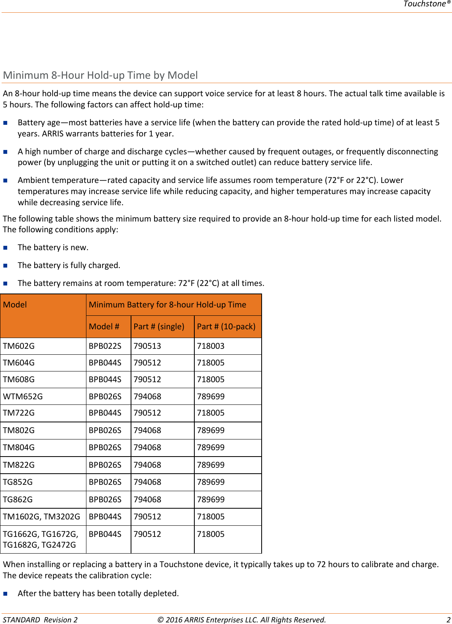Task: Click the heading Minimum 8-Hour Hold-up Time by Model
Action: tap(100, 75)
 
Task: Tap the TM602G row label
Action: tap(19, 346)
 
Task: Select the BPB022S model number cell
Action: tap(105, 346)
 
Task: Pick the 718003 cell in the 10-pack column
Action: tap(211, 346)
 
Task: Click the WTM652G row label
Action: tap(23, 397)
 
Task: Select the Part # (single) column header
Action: tap(159, 327)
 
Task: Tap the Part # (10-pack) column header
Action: tap(226, 327)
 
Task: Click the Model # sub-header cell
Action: tap(104, 327)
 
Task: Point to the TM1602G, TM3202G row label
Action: tap(41, 517)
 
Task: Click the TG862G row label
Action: tap(18, 500)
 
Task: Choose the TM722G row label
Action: tap(19, 413)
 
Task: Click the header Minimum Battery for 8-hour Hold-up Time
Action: tap(168, 305)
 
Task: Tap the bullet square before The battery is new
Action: tap(6, 247)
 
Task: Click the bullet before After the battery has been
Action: tap(6, 593)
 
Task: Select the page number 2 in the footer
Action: tap(448, 620)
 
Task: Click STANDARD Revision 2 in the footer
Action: tap(40, 620)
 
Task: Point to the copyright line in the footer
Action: tap(241, 620)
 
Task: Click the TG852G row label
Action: tap(18, 482)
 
